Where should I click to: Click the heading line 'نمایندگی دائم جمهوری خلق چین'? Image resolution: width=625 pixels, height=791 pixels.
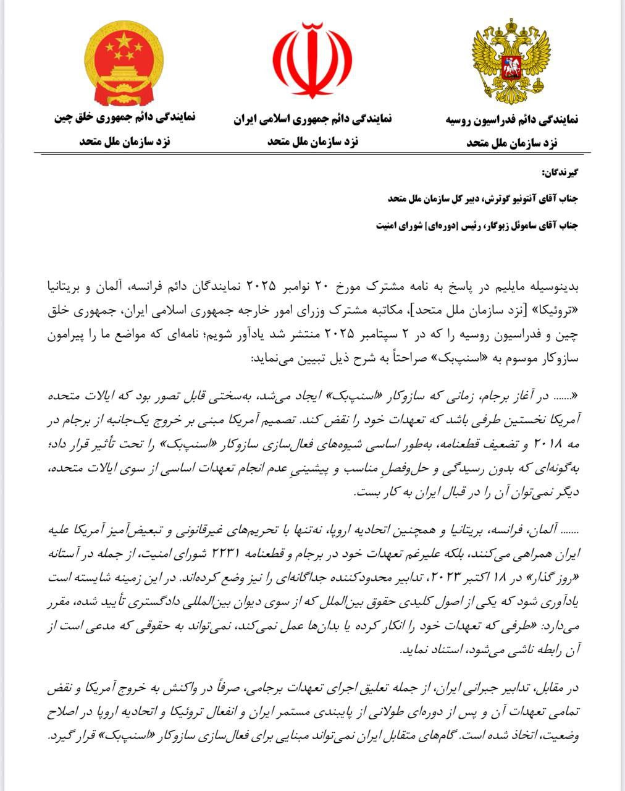[x=125, y=116]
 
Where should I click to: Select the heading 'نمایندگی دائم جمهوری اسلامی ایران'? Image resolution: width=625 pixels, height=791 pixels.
[x=312, y=119]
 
